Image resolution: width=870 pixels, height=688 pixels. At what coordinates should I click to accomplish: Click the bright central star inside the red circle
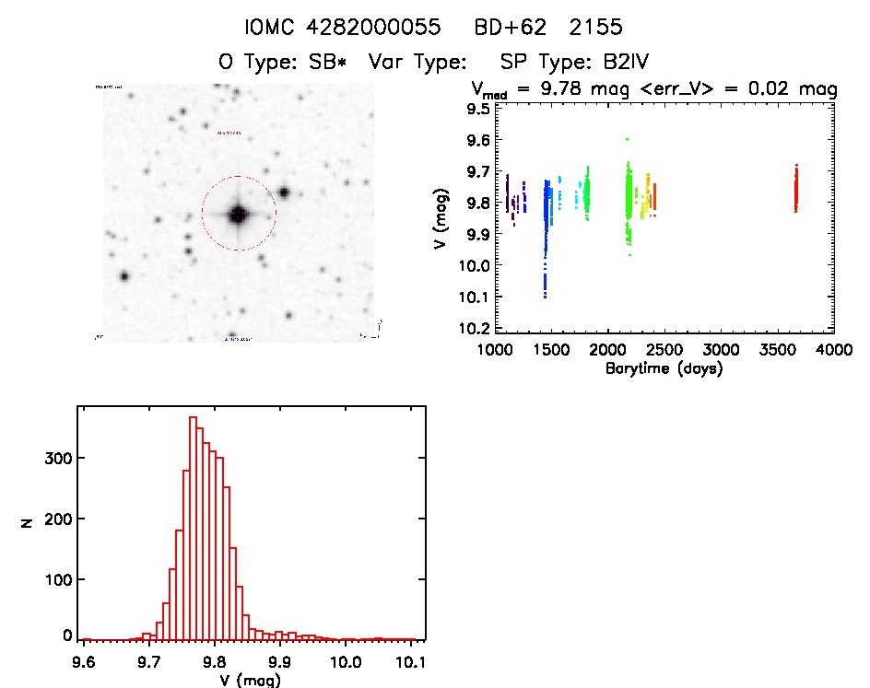(x=239, y=215)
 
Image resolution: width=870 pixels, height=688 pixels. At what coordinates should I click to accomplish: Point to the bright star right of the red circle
(x=284, y=192)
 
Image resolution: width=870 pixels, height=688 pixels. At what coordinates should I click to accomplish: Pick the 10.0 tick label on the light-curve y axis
(x=476, y=265)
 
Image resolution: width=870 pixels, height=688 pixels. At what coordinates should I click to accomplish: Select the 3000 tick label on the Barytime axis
(x=722, y=350)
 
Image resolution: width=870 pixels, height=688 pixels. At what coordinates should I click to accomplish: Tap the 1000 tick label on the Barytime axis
(x=496, y=350)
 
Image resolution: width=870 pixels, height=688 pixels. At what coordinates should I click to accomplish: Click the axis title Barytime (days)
(x=664, y=368)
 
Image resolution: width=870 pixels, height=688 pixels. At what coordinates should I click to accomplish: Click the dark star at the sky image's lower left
(x=123, y=276)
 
